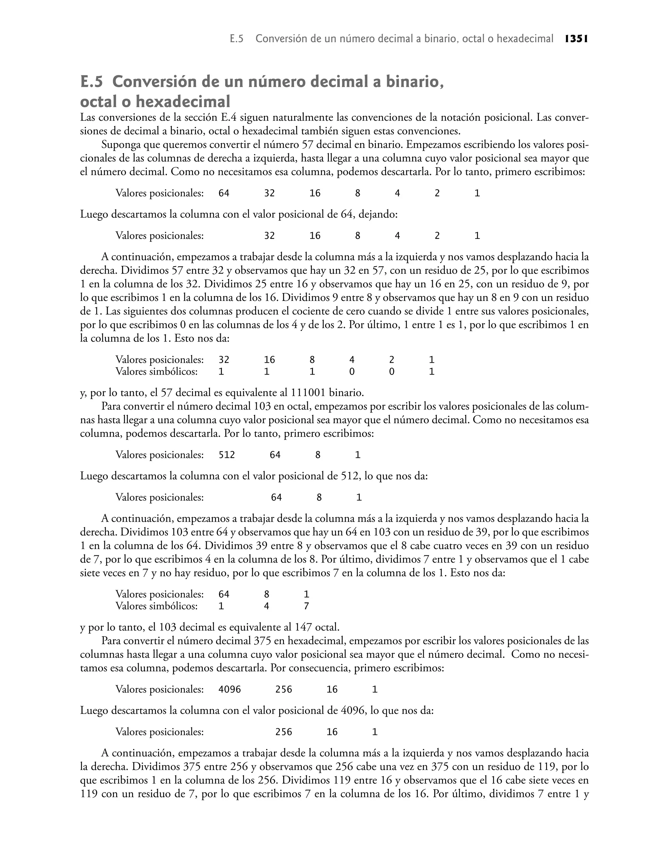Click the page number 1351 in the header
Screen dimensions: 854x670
coord(576,39)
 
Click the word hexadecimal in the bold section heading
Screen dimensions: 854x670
coord(183,102)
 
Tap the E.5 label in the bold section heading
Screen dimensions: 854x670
coord(91,82)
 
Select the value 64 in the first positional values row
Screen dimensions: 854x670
coord(224,193)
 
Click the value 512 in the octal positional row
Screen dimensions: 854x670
coord(227,455)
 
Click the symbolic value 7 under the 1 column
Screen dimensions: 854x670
coord(306,606)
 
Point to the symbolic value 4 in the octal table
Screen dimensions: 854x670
coord(266,606)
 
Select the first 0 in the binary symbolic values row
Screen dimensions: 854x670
coord(352,371)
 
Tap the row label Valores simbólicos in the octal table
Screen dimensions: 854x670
coord(156,606)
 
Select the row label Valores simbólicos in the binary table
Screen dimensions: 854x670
coord(156,371)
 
